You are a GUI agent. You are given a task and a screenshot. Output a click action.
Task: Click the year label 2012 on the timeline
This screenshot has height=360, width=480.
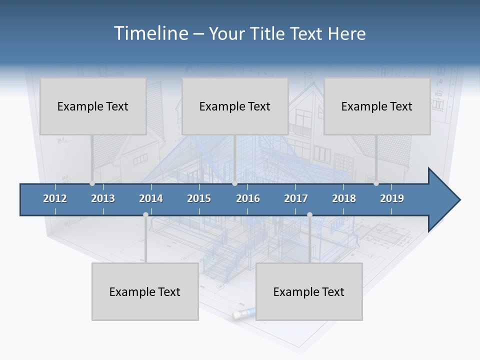pos(55,198)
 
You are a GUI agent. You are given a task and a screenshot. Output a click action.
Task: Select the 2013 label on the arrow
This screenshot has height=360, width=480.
pos(103,198)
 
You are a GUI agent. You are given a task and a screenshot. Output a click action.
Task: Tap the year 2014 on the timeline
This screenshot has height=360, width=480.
pos(151,198)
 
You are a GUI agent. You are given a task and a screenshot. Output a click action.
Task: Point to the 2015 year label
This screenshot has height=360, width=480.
pos(199,198)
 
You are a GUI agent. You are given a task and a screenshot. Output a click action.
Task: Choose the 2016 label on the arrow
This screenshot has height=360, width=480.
pos(248,198)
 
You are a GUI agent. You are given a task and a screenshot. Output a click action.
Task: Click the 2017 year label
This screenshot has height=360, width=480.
pos(296,198)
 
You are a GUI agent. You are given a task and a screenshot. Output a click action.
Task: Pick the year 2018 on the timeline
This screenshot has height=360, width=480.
pos(344,198)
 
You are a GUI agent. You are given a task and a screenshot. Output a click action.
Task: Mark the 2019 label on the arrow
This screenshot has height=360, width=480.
pos(392,198)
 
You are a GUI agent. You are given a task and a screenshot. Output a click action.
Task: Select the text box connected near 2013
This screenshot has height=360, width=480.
pos(93,106)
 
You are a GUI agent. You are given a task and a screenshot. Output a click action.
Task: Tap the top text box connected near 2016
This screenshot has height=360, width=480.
pos(235,106)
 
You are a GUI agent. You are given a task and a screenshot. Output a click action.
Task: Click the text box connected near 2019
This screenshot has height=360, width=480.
pos(377,106)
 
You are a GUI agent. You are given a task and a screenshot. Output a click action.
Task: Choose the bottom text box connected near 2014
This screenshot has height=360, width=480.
pos(145,291)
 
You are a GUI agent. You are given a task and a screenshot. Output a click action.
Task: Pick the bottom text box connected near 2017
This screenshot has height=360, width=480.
pos(309,291)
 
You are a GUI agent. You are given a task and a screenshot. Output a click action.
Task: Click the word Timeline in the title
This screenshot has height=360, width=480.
pos(150,33)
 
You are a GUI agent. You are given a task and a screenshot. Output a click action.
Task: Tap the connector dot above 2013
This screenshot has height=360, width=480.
pos(92,183)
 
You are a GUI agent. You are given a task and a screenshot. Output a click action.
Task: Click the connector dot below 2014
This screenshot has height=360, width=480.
pos(145,215)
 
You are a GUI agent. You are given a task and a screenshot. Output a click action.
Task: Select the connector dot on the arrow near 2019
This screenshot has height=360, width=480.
pos(376,183)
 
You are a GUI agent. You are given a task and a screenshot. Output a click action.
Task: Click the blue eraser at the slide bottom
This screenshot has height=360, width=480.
pos(244,314)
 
